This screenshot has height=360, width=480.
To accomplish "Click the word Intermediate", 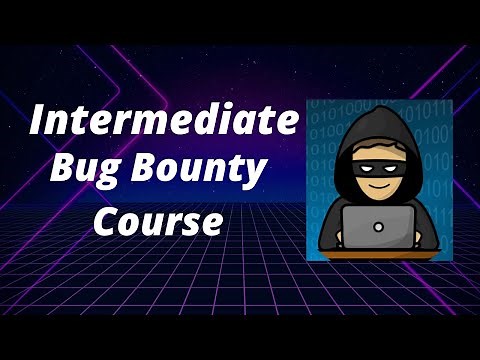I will point(163,123).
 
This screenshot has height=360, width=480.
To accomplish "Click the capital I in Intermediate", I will point(37,122).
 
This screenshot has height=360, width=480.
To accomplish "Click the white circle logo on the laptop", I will point(377,226).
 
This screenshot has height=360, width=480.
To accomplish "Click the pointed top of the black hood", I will point(378,111).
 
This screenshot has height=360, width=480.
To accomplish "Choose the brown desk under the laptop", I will point(378,253).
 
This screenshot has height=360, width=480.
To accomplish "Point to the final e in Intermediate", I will point(288,124).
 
